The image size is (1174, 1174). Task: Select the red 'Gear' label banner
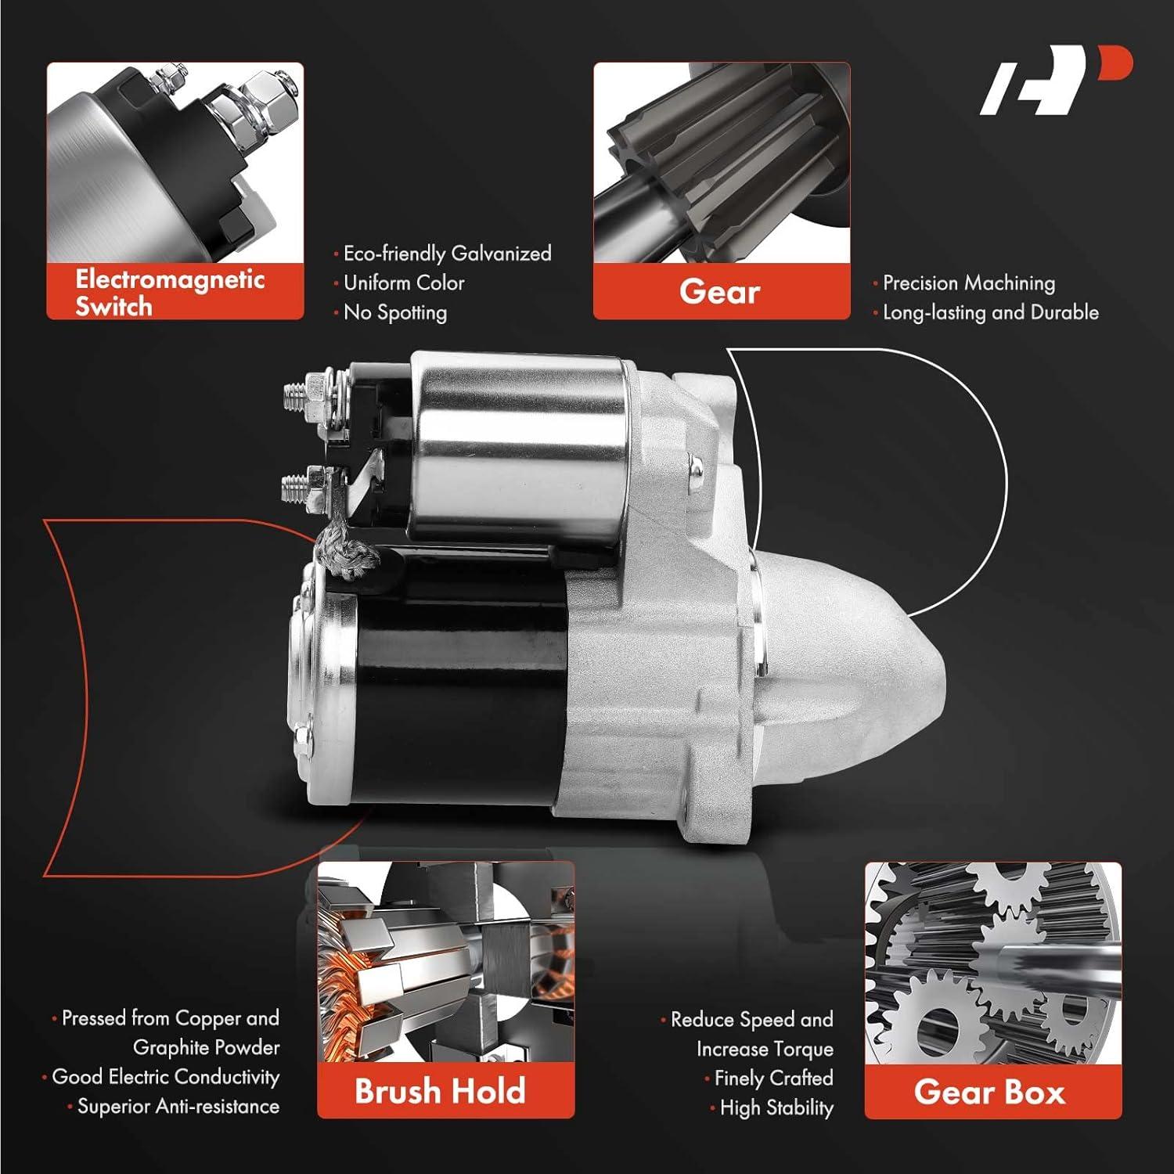[721, 292]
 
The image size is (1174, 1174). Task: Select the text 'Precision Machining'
[968, 283]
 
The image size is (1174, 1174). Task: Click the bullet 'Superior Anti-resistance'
[178, 1107]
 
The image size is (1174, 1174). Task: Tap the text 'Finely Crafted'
[772, 1079]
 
